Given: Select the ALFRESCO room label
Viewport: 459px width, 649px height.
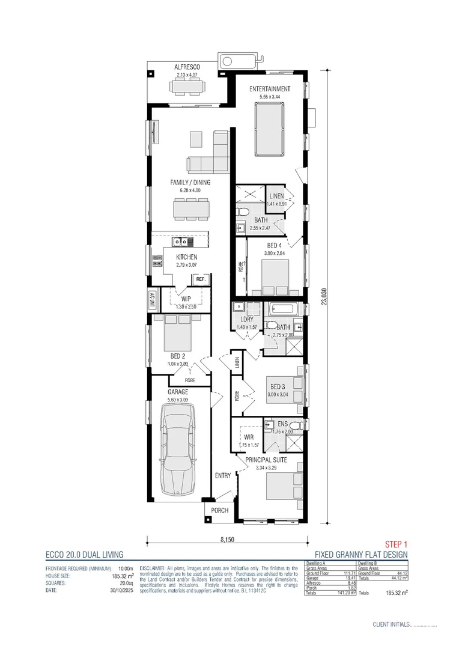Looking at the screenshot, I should pos(187,67).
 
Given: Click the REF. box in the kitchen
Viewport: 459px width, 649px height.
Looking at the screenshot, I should pos(201,279).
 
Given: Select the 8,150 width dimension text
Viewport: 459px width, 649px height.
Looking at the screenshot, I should pos(227,540).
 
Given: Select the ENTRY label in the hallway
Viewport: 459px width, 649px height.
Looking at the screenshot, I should pos(223,475).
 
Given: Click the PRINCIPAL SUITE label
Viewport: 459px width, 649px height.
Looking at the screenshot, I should pos(271,460).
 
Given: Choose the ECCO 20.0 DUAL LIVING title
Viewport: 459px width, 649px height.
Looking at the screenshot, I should pos(84,555).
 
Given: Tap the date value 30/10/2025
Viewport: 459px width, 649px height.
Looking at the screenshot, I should pos(120,591).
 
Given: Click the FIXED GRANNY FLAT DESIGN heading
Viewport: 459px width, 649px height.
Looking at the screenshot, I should pos(361,555).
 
